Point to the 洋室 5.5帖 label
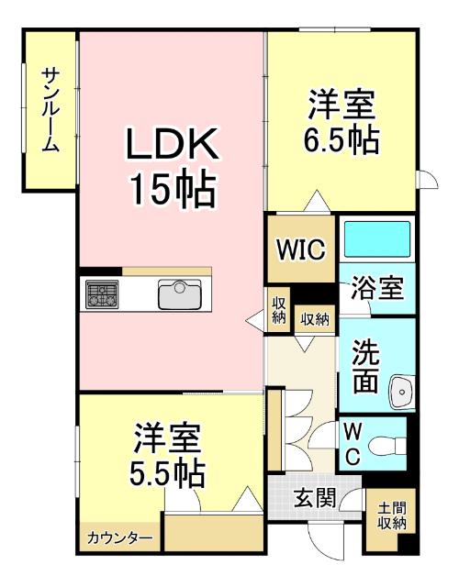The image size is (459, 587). (x=167, y=455)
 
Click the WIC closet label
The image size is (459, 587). (x=301, y=249)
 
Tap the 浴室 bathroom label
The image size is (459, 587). (x=376, y=288)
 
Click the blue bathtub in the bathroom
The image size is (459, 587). (x=376, y=240)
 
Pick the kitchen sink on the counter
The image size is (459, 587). (x=180, y=295)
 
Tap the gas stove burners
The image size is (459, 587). (x=102, y=295)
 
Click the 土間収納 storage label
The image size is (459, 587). (x=391, y=515)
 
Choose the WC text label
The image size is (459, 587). (x=352, y=444)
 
